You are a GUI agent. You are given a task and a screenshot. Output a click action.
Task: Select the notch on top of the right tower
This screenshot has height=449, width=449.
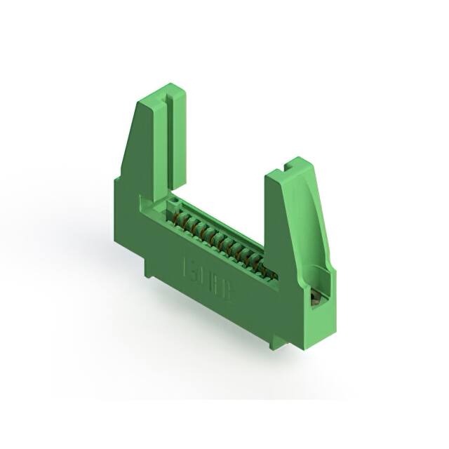click(288, 168)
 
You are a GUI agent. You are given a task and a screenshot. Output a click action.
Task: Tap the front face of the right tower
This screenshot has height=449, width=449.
click(281, 232)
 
